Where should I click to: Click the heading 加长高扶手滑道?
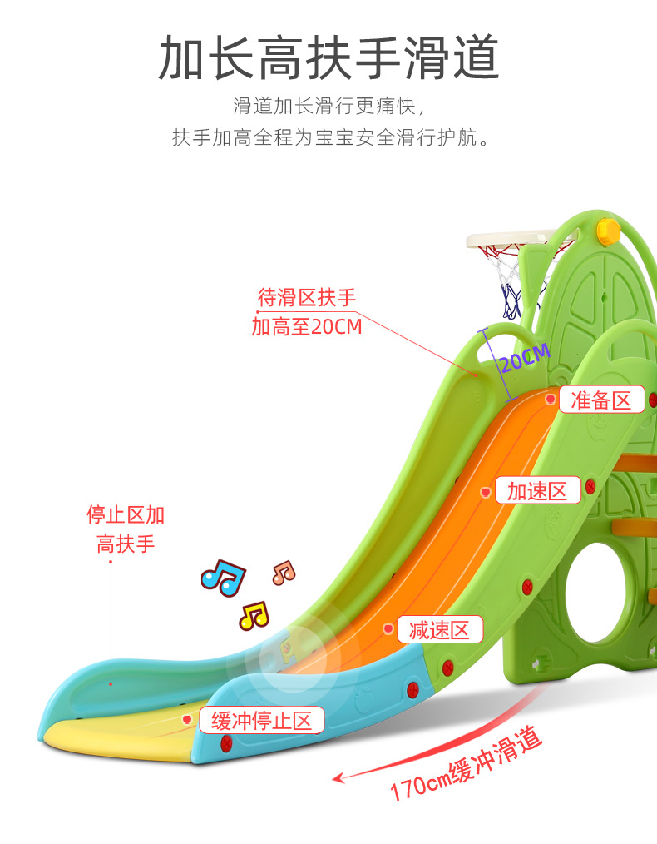point(328,57)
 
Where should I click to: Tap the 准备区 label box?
point(601,400)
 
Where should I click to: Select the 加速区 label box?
point(537,489)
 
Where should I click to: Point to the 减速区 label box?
point(440,629)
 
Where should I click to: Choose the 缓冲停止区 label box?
point(262,720)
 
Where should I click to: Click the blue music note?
point(224,577)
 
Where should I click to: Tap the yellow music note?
point(254,615)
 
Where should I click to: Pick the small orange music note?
point(284,572)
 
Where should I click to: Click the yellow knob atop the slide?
point(609,231)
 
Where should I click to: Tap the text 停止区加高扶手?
point(126,529)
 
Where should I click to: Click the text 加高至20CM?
point(307,327)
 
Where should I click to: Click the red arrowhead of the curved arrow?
point(338,777)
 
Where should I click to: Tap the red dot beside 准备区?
point(551,400)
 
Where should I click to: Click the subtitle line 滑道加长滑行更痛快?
point(328,106)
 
